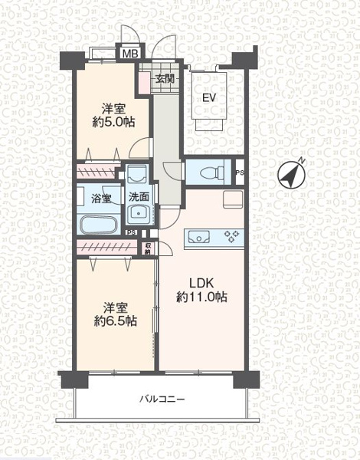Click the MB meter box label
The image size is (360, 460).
point(130,54)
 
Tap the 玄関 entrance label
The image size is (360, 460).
point(165,79)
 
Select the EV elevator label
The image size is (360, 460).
point(209,97)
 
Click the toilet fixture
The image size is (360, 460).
point(211,172)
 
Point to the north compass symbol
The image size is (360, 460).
point(292,174)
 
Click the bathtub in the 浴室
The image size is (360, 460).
point(97,225)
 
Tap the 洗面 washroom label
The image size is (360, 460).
point(139,197)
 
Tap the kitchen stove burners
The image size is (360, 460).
point(231,236)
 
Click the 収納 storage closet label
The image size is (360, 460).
point(148,248)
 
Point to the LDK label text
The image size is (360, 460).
point(201,284)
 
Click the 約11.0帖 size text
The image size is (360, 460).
point(201,297)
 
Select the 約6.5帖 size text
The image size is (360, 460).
point(115,321)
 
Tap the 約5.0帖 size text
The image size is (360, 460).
point(114,122)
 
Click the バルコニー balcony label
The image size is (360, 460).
point(162,399)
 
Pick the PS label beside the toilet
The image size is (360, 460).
point(240,172)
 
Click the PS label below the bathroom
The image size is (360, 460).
point(132,232)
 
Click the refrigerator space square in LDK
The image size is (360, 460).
point(233,199)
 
